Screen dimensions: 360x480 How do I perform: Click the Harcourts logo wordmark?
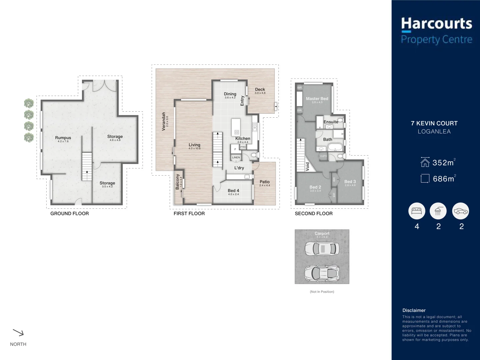436,24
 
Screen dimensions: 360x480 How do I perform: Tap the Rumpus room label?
63,138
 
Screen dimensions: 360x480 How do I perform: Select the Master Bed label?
317,99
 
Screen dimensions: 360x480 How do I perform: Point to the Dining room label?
230,94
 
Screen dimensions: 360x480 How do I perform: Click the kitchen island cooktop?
237,132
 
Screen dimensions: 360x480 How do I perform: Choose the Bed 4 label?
233,191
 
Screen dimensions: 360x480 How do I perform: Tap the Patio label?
265,182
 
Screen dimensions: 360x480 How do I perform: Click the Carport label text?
322,233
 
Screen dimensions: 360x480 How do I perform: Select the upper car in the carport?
322,248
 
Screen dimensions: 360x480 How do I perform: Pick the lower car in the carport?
322,272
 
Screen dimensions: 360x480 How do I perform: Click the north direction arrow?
18,332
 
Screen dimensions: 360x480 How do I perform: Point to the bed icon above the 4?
417,211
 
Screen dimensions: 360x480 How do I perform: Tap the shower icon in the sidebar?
438,211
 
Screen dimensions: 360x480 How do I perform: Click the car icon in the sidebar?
460,211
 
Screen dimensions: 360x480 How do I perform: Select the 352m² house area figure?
443,163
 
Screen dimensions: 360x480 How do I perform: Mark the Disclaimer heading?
414,310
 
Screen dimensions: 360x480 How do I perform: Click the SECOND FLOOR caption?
314,214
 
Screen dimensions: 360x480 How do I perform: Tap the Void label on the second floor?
308,166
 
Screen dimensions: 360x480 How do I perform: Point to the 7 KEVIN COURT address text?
434,123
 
